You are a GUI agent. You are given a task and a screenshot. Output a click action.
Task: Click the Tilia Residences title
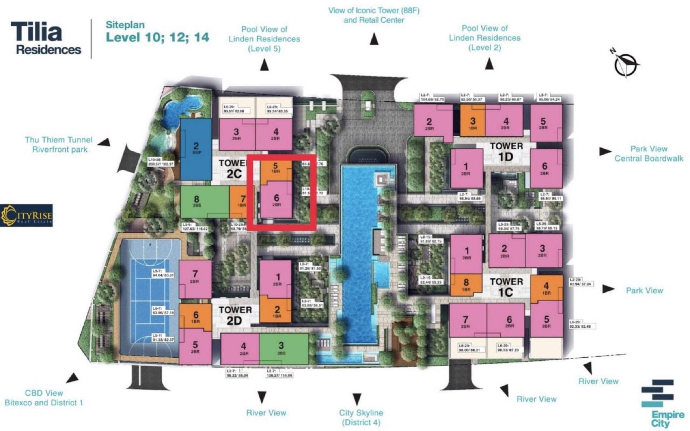[46, 38]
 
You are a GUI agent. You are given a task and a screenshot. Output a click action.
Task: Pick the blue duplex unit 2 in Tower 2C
[196, 149]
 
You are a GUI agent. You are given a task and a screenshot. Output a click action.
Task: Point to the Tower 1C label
[506, 287]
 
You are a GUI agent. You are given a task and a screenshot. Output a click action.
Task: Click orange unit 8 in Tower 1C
[466, 285]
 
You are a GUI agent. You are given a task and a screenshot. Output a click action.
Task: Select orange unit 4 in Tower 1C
[546, 288]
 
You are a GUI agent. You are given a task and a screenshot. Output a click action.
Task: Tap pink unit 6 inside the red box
[276, 200]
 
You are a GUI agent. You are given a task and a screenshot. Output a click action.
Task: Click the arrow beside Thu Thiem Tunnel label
[103, 142]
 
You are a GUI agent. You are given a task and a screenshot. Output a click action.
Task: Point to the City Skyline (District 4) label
[361, 417]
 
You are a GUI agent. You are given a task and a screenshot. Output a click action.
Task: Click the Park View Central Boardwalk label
[649, 153]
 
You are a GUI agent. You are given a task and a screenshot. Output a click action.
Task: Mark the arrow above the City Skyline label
[357, 398]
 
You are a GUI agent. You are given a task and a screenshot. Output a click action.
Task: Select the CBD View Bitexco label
[44, 398]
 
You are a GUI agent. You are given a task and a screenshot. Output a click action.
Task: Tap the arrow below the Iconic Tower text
[374, 39]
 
